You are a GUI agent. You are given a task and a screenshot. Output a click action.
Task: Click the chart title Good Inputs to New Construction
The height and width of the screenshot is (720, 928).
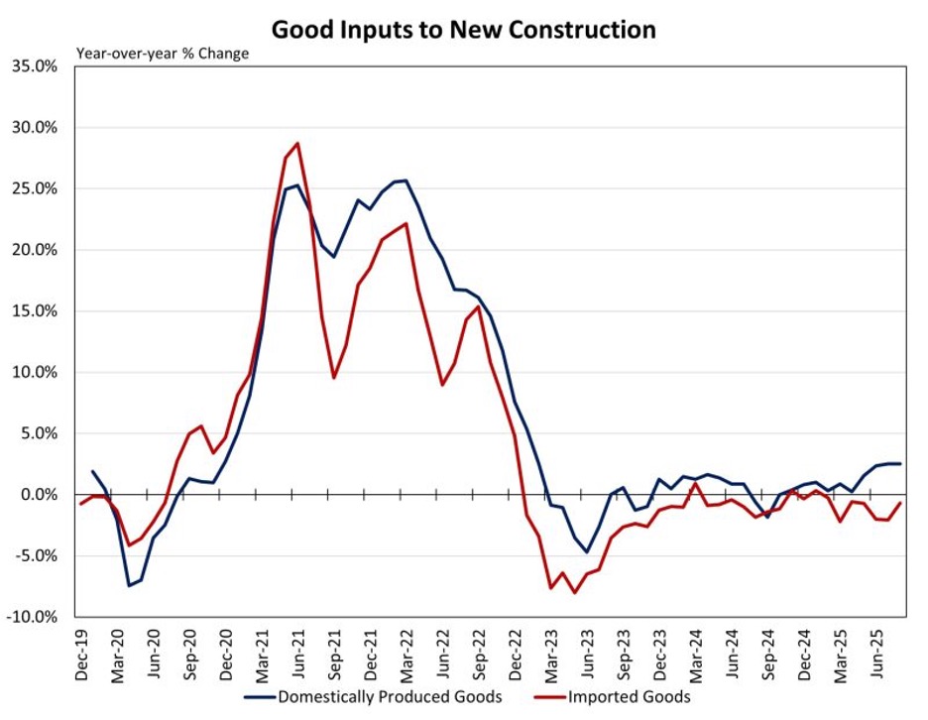point(464,30)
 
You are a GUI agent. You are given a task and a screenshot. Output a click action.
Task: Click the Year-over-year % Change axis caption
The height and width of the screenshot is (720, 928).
point(163,54)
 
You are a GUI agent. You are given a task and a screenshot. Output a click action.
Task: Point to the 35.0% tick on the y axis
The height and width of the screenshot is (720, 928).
point(39,66)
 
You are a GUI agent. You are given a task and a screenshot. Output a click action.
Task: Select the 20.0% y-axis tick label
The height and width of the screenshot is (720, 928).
point(39,250)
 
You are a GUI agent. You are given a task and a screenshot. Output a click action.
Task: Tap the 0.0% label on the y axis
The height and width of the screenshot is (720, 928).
point(43,495)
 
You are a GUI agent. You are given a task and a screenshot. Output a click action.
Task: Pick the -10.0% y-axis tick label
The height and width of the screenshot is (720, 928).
point(37,617)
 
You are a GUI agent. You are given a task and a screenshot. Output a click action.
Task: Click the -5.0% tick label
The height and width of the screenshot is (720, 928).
point(40,556)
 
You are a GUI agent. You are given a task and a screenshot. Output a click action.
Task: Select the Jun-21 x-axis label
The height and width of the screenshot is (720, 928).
point(298,655)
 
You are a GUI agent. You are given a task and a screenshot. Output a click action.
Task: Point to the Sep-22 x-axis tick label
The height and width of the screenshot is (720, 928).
point(479,655)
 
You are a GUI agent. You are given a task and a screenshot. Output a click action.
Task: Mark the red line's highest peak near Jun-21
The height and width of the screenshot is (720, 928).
point(297,143)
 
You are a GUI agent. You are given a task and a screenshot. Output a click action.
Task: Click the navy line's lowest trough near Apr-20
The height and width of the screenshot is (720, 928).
point(129,585)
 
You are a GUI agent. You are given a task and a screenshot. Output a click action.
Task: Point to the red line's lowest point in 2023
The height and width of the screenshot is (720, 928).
point(574,593)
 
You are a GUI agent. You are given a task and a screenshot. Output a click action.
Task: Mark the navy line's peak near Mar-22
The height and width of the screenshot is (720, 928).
point(406,180)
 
